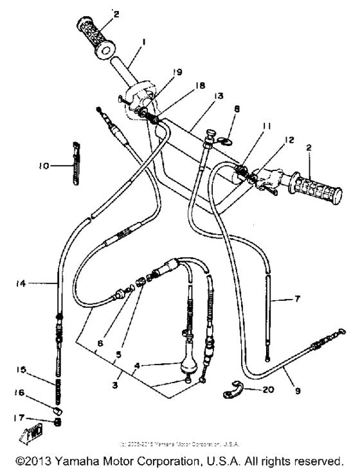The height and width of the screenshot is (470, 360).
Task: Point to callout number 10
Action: (44, 165)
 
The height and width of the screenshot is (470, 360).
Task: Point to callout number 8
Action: (237, 110)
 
